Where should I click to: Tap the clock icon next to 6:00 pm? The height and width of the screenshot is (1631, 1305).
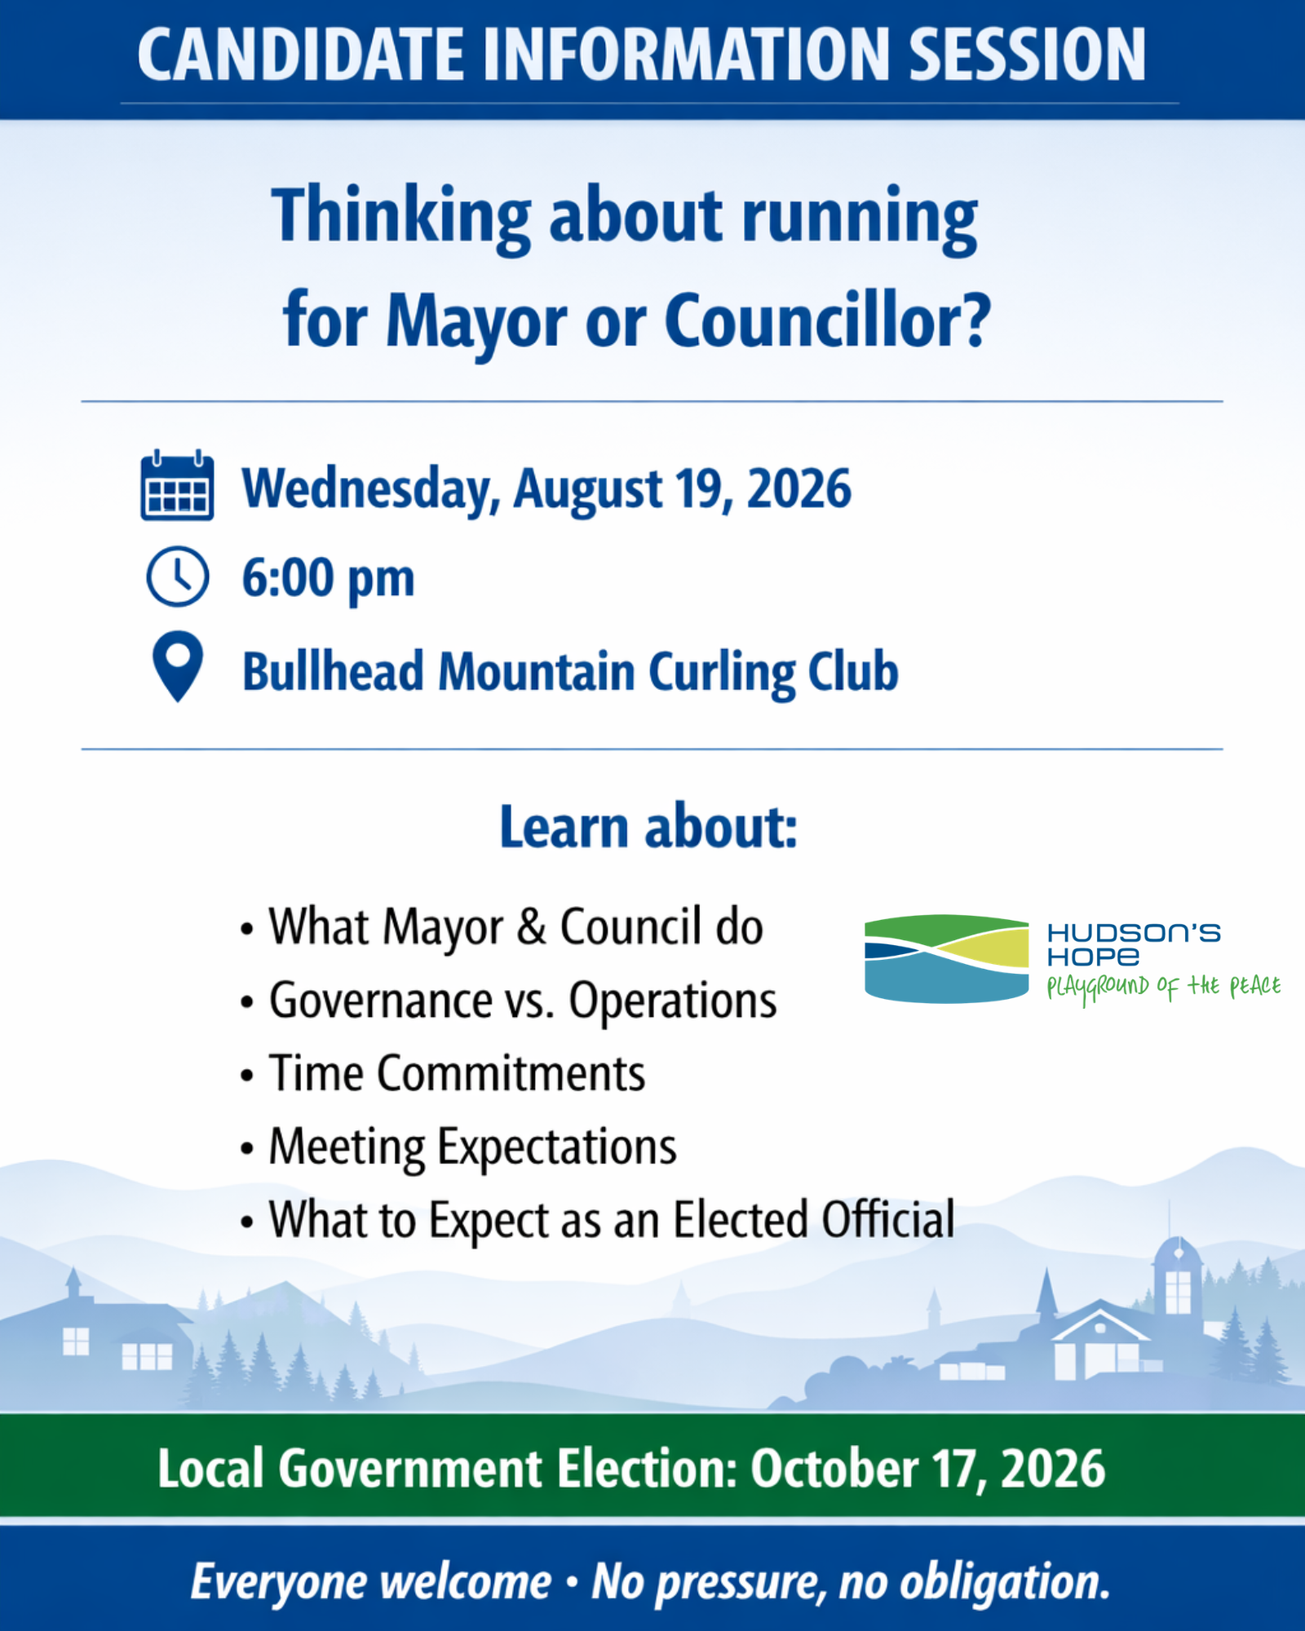coord(177,577)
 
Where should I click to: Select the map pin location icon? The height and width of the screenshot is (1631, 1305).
coord(178,666)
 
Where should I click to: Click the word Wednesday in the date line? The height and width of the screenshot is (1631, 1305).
coord(370,489)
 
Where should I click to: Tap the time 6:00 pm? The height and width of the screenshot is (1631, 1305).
coord(328,579)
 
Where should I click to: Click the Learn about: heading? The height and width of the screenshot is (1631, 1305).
coord(648,827)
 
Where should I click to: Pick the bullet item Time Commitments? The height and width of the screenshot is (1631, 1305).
coord(458,1073)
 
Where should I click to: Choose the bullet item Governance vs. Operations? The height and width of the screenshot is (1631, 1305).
coord(523,1001)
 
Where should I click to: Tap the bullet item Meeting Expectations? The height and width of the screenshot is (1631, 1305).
coord(473,1147)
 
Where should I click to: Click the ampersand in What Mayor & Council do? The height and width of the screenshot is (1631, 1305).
coord(531,927)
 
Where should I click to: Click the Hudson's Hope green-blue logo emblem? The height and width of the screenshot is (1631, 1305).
coord(947,958)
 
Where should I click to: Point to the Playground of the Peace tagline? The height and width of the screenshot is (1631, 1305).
coord(1164,988)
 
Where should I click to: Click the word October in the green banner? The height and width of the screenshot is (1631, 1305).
coord(834,1469)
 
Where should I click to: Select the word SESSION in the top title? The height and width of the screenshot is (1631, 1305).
coord(1027,55)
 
